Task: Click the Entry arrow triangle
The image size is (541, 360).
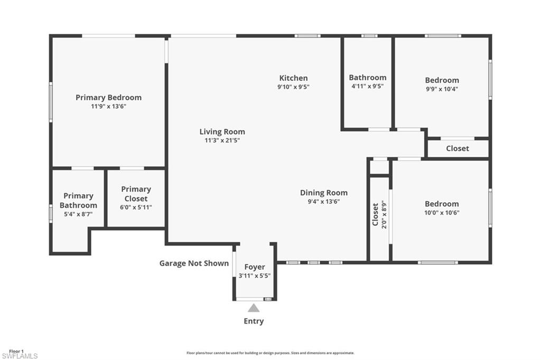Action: pos(254,308)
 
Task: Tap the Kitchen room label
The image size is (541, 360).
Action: pos(293,78)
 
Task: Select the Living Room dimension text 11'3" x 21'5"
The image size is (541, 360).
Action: pos(222,140)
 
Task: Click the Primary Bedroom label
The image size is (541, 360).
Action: pos(108,97)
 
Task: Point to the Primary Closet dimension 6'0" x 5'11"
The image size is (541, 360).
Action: pos(136,207)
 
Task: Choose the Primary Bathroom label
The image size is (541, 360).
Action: pos(78,200)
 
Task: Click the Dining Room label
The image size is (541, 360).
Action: pos(323,193)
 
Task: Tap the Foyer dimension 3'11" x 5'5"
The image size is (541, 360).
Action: pos(254,276)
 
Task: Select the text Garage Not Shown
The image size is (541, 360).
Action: pos(194,263)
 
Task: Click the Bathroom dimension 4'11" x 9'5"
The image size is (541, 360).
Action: pos(367,86)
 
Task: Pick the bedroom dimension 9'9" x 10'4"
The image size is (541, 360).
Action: pos(442,89)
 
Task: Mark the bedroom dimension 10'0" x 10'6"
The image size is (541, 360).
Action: pos(442,213)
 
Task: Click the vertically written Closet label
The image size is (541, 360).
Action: pos(376,214)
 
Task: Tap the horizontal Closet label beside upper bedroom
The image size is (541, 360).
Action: pos(457,148)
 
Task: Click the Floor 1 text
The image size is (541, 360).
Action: pos(16,351)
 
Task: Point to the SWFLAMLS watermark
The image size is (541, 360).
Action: pos(20,356)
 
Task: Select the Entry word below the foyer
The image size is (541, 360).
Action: pos(254,321)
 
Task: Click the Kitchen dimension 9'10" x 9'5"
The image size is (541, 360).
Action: pos(293,87)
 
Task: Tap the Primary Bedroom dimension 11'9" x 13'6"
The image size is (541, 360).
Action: pos(108,106)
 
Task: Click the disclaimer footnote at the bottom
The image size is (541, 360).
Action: pos(270,353)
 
